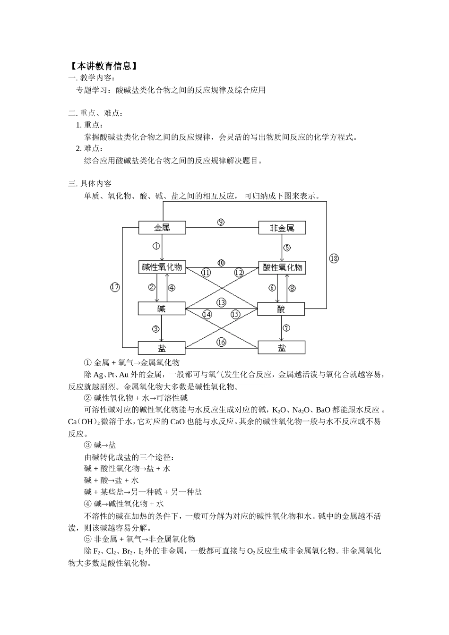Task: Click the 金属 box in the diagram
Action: click(x=162, y=228)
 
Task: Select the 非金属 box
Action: click(x=282, y=228)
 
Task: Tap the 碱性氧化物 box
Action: click(x=162, y=267)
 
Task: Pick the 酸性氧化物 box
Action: click(x=282, y=268)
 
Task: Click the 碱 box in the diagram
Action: click(x=162, y=309)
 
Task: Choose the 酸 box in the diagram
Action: click(x=281, y=309)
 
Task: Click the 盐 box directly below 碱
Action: click(x=162, y=348)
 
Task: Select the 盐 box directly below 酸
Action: click(x=282, y=348)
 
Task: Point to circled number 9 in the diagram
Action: click(x=221, y=222)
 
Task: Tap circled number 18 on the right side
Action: click(x=334, y=258)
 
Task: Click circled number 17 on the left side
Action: click(x=115, y=287)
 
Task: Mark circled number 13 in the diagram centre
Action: click(x=221, y=302)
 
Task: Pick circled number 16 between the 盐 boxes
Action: click(x=221, y=342)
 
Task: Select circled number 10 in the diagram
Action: click(x=221, y=263)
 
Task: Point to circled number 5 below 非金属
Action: click(x=287, y=248)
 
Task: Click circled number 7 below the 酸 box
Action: click(x=286, y=328)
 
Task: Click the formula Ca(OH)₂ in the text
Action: click(x=84, y=421)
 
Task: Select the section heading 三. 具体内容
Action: click(x=90, y=183)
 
